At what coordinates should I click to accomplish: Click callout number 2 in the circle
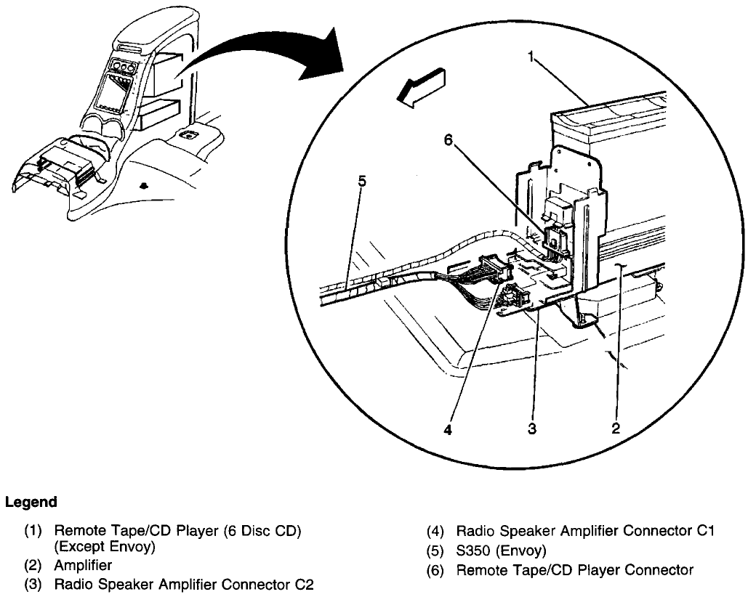pos(615,429)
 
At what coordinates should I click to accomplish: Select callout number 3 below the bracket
pos(532,429)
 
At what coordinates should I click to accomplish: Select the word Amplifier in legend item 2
pos(83,564)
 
